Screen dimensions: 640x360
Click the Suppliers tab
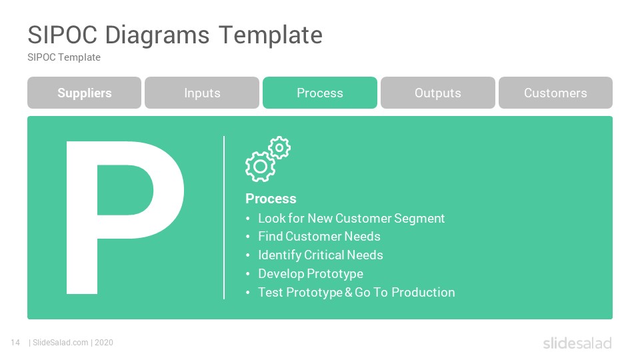pos(84,93)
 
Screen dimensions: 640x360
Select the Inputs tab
pos(202,93)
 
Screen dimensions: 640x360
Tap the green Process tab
pos(320,93)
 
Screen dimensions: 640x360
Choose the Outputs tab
pos(438,93)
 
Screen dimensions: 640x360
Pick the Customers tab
pos(555,93)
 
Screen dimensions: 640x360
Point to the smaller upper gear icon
pos(279,147)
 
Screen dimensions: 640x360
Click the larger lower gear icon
pos(260,167)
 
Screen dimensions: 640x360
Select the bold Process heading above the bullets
pos(271,199)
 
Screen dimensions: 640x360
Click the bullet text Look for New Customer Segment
pos(351,219)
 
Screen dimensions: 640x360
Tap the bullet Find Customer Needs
pos(319,236)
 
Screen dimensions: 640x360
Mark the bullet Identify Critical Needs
pos(321,255)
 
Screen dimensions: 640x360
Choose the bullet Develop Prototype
pos(311,274)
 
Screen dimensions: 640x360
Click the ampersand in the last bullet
pos(348,292)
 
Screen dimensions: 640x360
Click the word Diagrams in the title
pos(157,35)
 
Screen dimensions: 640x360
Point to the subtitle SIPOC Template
pos(64,57)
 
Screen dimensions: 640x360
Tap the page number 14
pos(15,343)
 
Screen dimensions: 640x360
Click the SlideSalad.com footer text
pos(61,343)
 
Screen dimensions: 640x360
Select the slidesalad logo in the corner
pos(577,343)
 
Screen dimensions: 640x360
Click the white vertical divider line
pos(224,217)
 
